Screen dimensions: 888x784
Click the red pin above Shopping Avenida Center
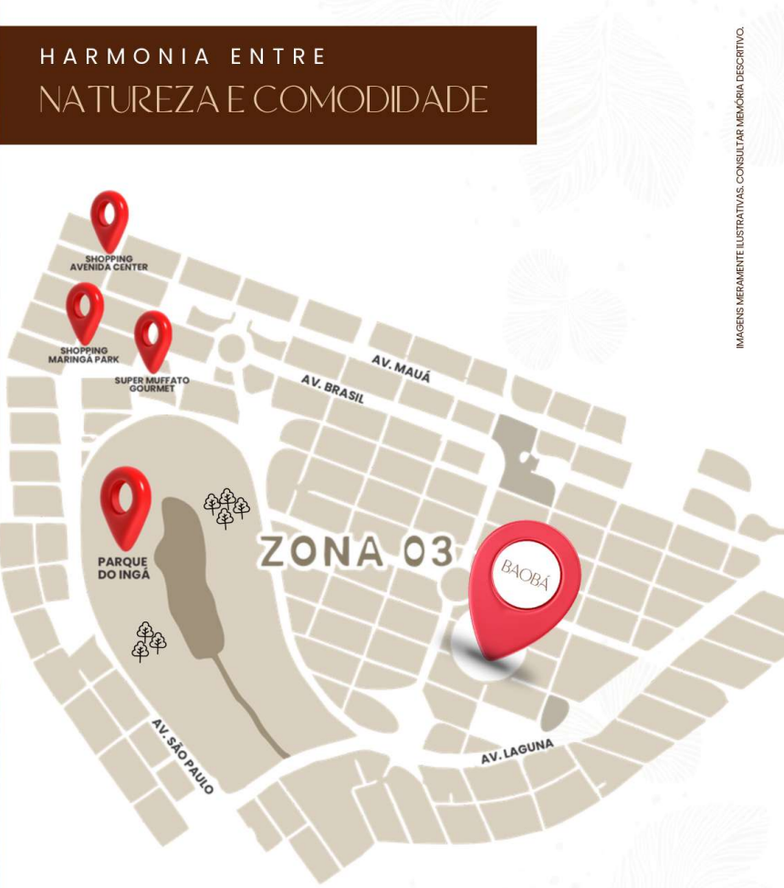coord(110,217)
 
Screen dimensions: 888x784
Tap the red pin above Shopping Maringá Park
coord(84,309)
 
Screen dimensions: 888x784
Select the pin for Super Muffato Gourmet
coord(152,339)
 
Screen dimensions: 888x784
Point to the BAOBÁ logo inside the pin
coord(525,572)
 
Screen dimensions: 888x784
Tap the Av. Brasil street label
coord(332,388)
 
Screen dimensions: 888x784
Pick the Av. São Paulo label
coord(183,756)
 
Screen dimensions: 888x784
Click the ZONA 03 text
coord(356,551)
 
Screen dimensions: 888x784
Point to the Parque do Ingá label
coord(123,569)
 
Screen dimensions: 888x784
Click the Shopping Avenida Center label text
coord(110,263)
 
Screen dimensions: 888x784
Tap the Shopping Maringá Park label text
coord(84,354)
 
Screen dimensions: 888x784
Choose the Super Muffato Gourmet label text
coord(152,383)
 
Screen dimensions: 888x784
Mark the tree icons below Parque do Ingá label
coord(149,640)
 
